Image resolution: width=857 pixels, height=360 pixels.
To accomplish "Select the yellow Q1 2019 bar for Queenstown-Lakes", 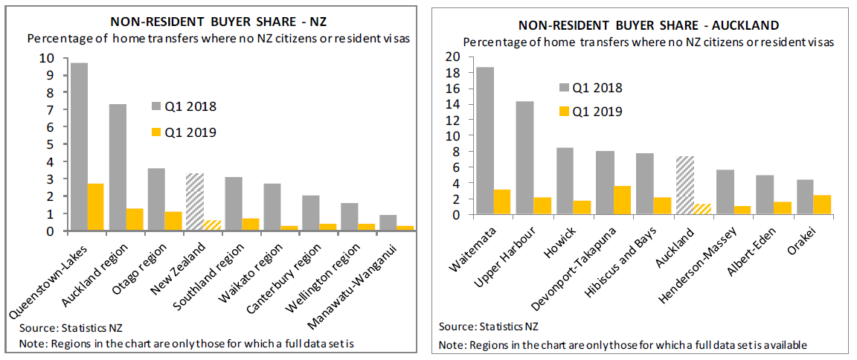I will (95, 208).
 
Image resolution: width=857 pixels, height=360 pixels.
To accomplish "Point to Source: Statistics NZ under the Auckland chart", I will (488, 327).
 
